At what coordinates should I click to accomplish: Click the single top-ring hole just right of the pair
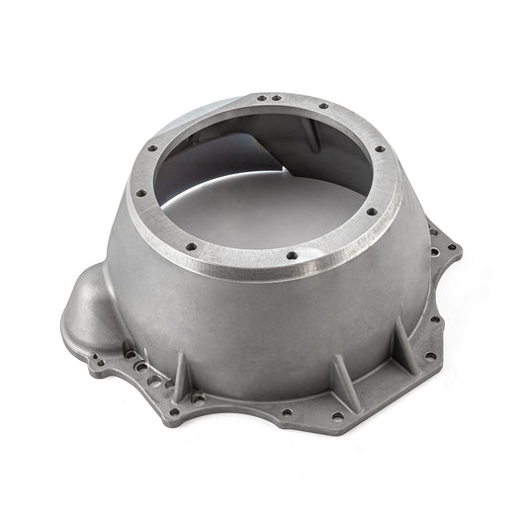322,107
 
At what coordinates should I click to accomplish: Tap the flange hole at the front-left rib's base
199,398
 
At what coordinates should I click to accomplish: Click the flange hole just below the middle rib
338,416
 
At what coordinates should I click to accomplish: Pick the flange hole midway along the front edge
287,412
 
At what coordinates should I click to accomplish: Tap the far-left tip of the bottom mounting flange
65,345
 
